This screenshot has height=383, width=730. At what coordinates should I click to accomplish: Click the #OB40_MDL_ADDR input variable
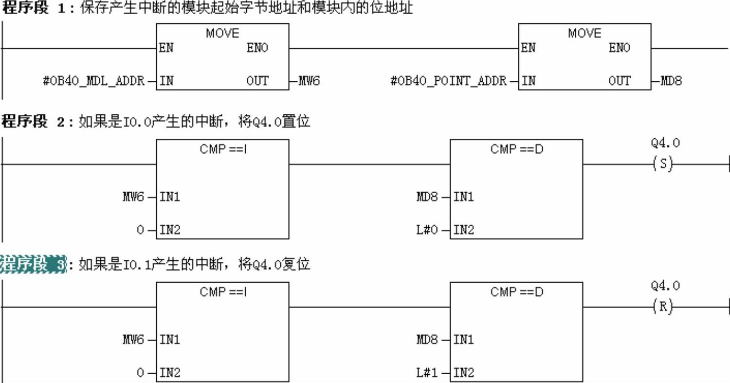coord(93,81)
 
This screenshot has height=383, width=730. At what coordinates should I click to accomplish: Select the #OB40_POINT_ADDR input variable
coord(448,81)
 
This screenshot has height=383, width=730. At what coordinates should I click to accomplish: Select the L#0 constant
coord(427,230)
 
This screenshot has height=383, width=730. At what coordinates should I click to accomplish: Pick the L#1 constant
coord(427,373)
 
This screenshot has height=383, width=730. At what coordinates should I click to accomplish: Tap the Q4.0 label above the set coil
coord(665,143)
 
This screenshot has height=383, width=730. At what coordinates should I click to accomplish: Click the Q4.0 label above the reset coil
coord(665,286)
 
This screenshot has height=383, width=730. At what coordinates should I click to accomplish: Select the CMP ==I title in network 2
coord(223,149)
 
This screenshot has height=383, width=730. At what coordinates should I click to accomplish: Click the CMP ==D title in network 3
coord(516,292)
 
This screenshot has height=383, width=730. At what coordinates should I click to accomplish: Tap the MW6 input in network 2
coord(133,197)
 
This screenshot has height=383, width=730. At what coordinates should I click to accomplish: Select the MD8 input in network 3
coord(427,340)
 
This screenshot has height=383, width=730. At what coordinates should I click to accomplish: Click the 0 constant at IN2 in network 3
coord(141,373)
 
